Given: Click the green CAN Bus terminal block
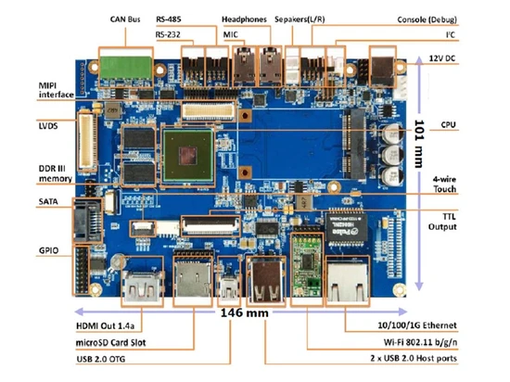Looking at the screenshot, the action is (x=126, y=68).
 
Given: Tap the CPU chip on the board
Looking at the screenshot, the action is (x=188, y=155).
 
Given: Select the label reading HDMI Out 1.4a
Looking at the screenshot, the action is (x=105, y=325).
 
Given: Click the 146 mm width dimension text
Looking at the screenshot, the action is (x=245, y=312).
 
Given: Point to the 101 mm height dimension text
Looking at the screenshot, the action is (x=419, y=144).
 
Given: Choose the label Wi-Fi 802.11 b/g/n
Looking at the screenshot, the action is (x=420, y=342).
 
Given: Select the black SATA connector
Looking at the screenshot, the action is (x=87, y=220).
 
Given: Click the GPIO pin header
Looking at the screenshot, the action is (x=82, y=271).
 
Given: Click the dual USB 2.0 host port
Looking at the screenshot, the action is (x=266, y=280).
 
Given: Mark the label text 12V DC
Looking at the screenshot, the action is (x=442, y=58).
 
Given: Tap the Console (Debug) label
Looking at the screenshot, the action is (x=427, y=19).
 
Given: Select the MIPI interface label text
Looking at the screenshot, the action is (x=56, y=90).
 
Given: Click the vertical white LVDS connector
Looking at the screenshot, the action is (x=87, y=141).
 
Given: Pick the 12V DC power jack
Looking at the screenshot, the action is (x=382, y=70).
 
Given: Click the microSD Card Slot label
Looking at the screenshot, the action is (x=110, y=343).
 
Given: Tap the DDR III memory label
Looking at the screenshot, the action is (x=56, y=173).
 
